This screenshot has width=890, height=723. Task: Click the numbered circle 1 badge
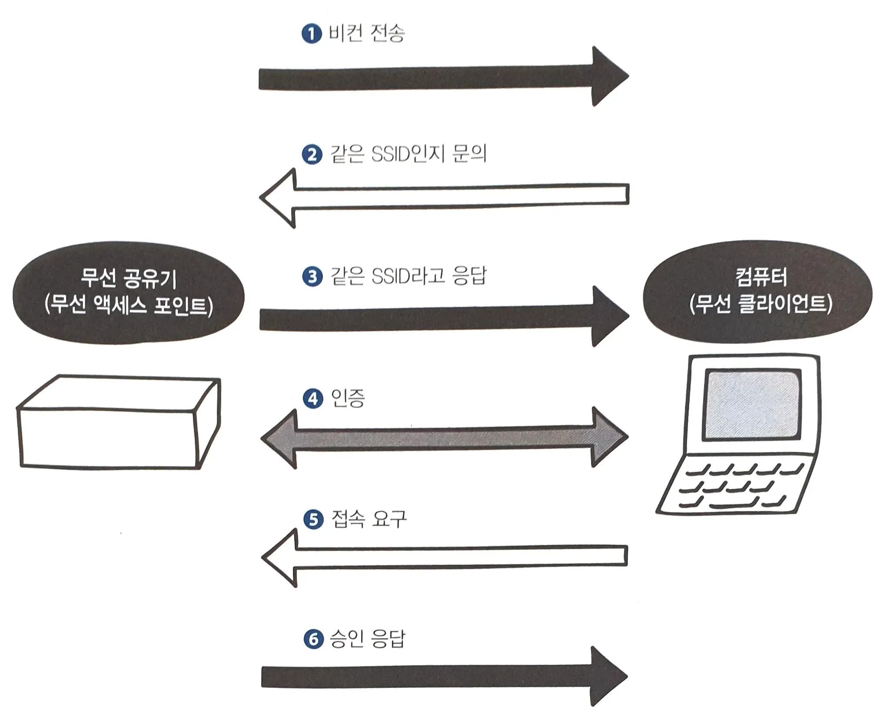point(311,34)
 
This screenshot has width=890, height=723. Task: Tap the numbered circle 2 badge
point(312,155)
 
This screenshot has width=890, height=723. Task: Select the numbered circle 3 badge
point(312,277)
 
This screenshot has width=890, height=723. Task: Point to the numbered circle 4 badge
point(313,398)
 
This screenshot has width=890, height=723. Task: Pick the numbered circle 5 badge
point(313,520)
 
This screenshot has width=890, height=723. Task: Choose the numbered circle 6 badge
point(314,640)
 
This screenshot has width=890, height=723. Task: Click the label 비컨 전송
point(366,33)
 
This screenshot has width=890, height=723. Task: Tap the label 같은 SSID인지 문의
point(408,154)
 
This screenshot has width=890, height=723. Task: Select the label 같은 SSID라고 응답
point(408,276)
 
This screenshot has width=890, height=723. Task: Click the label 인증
point(348,398)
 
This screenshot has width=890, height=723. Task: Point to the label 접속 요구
point(369,519)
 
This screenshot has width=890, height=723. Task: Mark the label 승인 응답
point(368,639)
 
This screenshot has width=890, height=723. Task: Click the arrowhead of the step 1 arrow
point(608,76)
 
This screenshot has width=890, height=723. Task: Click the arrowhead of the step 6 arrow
point(608,676)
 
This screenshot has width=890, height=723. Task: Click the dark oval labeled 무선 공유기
point(129,293)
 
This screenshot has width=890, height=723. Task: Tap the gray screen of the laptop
point(752,405)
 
